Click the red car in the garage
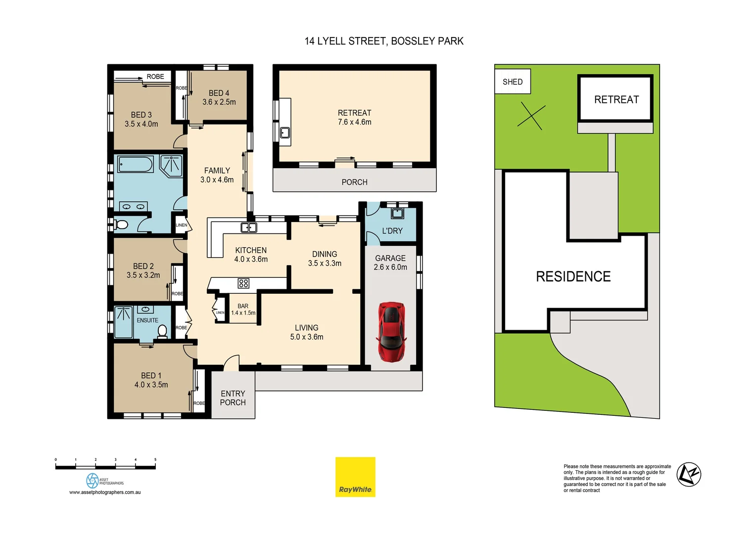(391, 332)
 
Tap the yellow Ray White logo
(355, 477)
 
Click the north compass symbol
(689, 475)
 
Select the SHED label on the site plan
(513, 82)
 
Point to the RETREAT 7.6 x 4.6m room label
(354, 118)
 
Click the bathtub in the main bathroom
(136, 165)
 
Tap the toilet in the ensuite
(162, 331)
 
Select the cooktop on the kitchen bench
(243, 283)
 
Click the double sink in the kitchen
(248, 227)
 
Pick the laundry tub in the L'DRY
(397, 214)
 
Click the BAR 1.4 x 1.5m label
(243, 310)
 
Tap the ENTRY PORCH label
(233, 398)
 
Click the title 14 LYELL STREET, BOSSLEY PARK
(384, 41)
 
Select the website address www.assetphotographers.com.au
(105, 492)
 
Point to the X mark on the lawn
(531, 117)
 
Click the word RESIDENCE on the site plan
(573, 276)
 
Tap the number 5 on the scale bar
(155, 460)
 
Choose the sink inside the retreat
(285, 133)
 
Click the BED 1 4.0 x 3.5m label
(151, 380)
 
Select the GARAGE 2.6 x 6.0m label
(390, 263)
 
